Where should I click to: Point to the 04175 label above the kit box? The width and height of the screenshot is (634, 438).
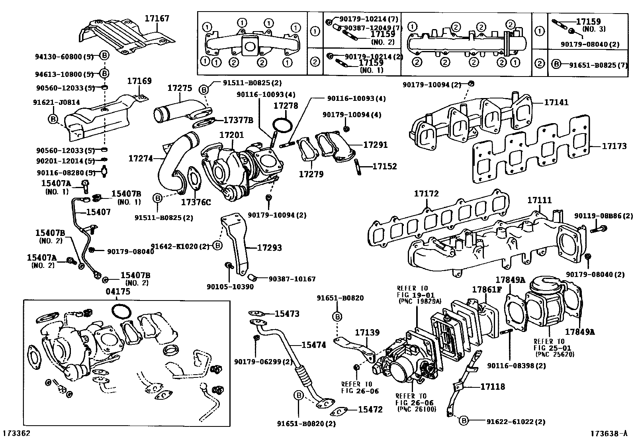[117, 291]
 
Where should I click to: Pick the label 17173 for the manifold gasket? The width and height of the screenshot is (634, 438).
[614, 146]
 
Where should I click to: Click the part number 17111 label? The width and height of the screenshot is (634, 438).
[540, 200]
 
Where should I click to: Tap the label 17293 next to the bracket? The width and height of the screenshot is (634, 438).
[269, 247]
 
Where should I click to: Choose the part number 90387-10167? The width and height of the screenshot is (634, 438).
[292, 279]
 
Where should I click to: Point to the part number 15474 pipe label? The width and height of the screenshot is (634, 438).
[313, 345]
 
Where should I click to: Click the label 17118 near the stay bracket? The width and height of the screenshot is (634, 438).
[492, 386]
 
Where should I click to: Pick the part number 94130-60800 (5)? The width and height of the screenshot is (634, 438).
[64, 57]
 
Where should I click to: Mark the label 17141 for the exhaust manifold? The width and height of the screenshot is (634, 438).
[556, 102]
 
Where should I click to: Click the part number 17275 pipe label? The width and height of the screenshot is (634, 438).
[180, 88]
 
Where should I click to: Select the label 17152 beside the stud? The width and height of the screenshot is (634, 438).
[384, 166]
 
